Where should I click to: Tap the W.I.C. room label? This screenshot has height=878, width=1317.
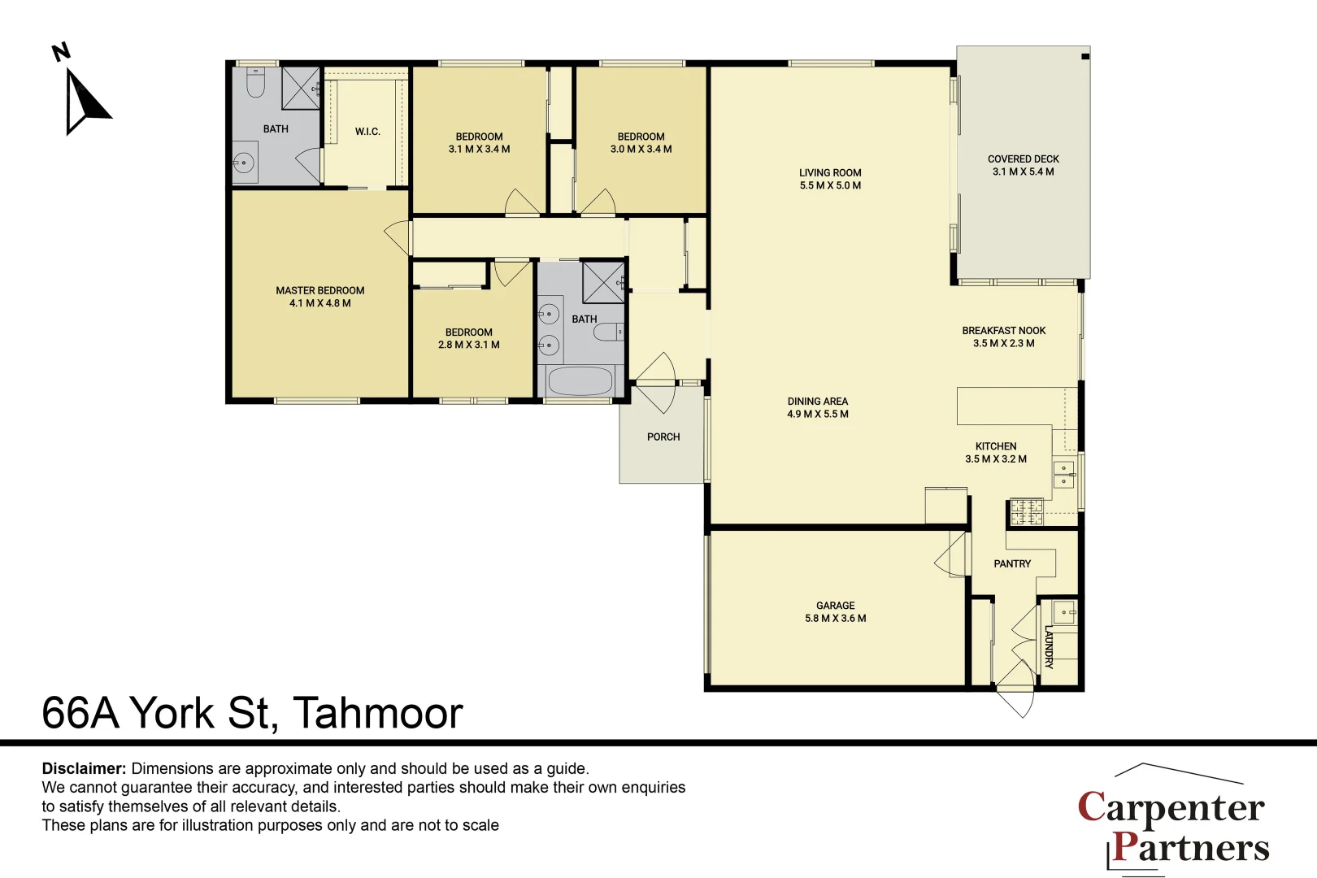(x=367, y=132)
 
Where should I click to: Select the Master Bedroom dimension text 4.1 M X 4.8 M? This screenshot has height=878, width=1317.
(x=319, y=303)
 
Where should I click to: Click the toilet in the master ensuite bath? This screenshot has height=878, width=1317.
(x=255, y=82)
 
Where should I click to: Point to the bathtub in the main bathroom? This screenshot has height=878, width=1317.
(x=580, y=381)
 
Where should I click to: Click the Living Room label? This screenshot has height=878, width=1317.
(x=830, y=173)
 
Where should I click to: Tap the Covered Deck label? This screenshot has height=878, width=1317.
(x=1024, y=159)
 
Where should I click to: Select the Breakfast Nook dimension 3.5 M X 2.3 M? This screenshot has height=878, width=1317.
(x=1004, y=343)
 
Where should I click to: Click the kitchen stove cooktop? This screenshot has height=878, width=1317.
(x=1027, y=511)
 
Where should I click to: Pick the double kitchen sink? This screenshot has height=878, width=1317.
(x=1063, y=475)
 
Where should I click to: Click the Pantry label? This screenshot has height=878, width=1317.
(x=1012, y=564)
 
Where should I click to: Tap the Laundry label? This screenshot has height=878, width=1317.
(x=1050, y=647)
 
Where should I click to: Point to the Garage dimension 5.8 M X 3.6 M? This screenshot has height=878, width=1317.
(x=836, y=618)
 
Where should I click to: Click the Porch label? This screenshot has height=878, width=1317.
(x=663, y=437)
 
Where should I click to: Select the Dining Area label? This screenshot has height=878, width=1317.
(x=818, y=401)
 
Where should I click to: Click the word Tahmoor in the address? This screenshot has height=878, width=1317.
(x=378, y=713)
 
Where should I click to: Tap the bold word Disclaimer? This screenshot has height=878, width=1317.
(x=84, y=768)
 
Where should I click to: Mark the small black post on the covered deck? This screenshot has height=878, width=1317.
(x=1085, y=56)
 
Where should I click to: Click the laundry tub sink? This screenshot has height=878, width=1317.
(x=1064, y=613)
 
